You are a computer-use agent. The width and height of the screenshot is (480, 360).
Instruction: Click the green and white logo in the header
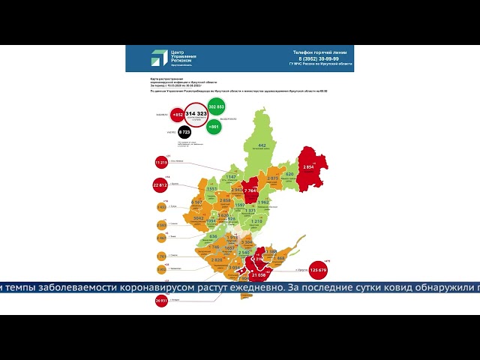159,58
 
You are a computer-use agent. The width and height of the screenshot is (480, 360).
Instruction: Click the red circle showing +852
178,115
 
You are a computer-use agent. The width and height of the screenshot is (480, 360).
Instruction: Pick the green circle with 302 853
217,107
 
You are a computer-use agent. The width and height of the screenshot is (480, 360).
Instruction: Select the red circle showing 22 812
160,184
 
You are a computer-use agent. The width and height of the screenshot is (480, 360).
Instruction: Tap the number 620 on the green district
289,174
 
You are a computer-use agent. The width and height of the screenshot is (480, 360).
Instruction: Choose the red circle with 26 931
160,301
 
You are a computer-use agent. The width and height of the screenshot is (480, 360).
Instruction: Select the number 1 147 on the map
232,176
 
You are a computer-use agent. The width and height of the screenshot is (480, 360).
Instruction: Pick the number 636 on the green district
213,236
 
